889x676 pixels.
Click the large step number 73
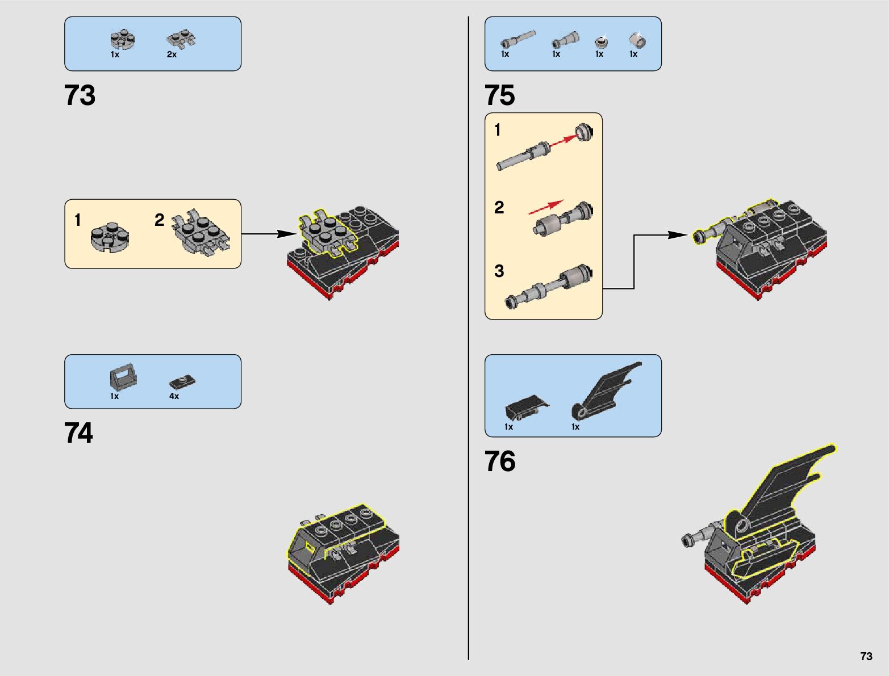tap(80, 95)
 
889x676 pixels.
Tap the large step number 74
tap(79, 433)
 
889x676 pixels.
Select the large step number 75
tap(499, 95)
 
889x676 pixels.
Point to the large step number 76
tap(500, 461)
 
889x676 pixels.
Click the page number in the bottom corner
tap(866, 656)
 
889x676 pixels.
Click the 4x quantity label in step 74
tap(174, 396)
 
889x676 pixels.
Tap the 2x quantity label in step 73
tap(172, 54)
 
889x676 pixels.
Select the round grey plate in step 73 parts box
tap(122, 39)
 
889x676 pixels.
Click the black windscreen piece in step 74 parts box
tap(122, 377)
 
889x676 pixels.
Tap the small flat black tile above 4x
tap(182, 381)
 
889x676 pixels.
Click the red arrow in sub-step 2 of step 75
tap(546, 207)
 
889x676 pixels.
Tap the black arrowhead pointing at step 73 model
tap(287, 234)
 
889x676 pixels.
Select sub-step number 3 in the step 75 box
tap(499, 271)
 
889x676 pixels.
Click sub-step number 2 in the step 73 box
tap(159, 220)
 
